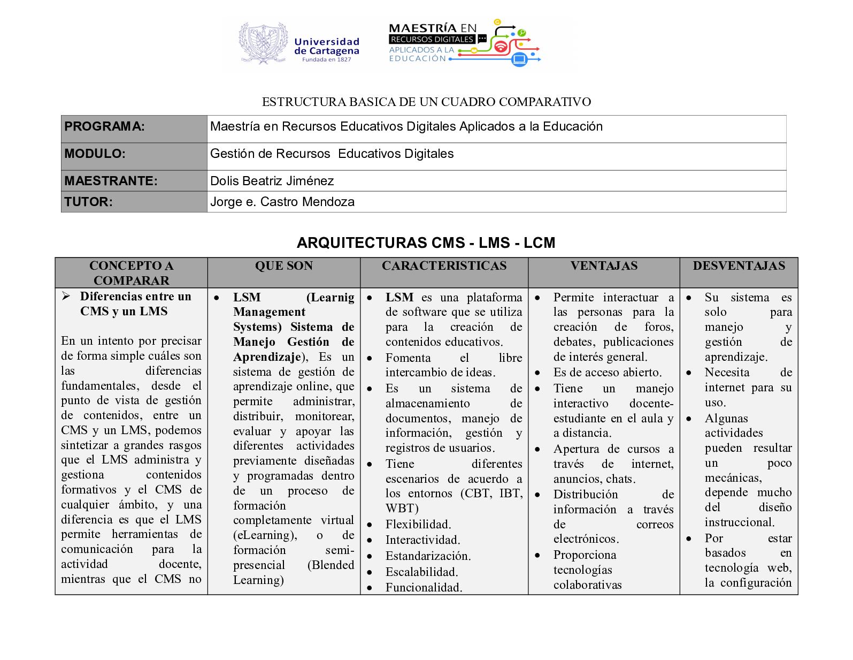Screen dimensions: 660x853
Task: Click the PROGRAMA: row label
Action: tap(104, 127)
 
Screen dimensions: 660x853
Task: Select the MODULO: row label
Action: tap(95, 154)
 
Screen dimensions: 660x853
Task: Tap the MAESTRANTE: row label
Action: tap(111, 181)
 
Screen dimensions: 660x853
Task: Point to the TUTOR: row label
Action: tap(88, 202)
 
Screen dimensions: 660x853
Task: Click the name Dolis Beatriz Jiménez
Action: tap(272, 181)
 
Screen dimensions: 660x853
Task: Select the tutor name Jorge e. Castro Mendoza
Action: tap(282, 202)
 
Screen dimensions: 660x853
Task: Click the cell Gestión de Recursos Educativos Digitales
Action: tap(332, 154)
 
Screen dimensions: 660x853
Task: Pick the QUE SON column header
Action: tap(283, 266)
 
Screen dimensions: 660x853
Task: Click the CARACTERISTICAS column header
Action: tap(444, 266)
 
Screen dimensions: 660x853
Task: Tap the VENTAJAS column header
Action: tap(604, 266)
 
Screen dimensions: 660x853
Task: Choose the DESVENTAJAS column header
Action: tap(739, 266)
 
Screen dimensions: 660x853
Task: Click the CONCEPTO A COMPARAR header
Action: tap(131, 273)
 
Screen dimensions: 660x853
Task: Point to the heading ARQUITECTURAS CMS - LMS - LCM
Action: tap(426, 243)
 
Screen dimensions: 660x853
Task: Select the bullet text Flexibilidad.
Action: tap(418, 525)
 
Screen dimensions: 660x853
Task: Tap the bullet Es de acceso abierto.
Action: tap(608, 373)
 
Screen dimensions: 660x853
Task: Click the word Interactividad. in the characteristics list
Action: tap(422, 540)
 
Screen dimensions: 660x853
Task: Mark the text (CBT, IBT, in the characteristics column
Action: tap(491, 494)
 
